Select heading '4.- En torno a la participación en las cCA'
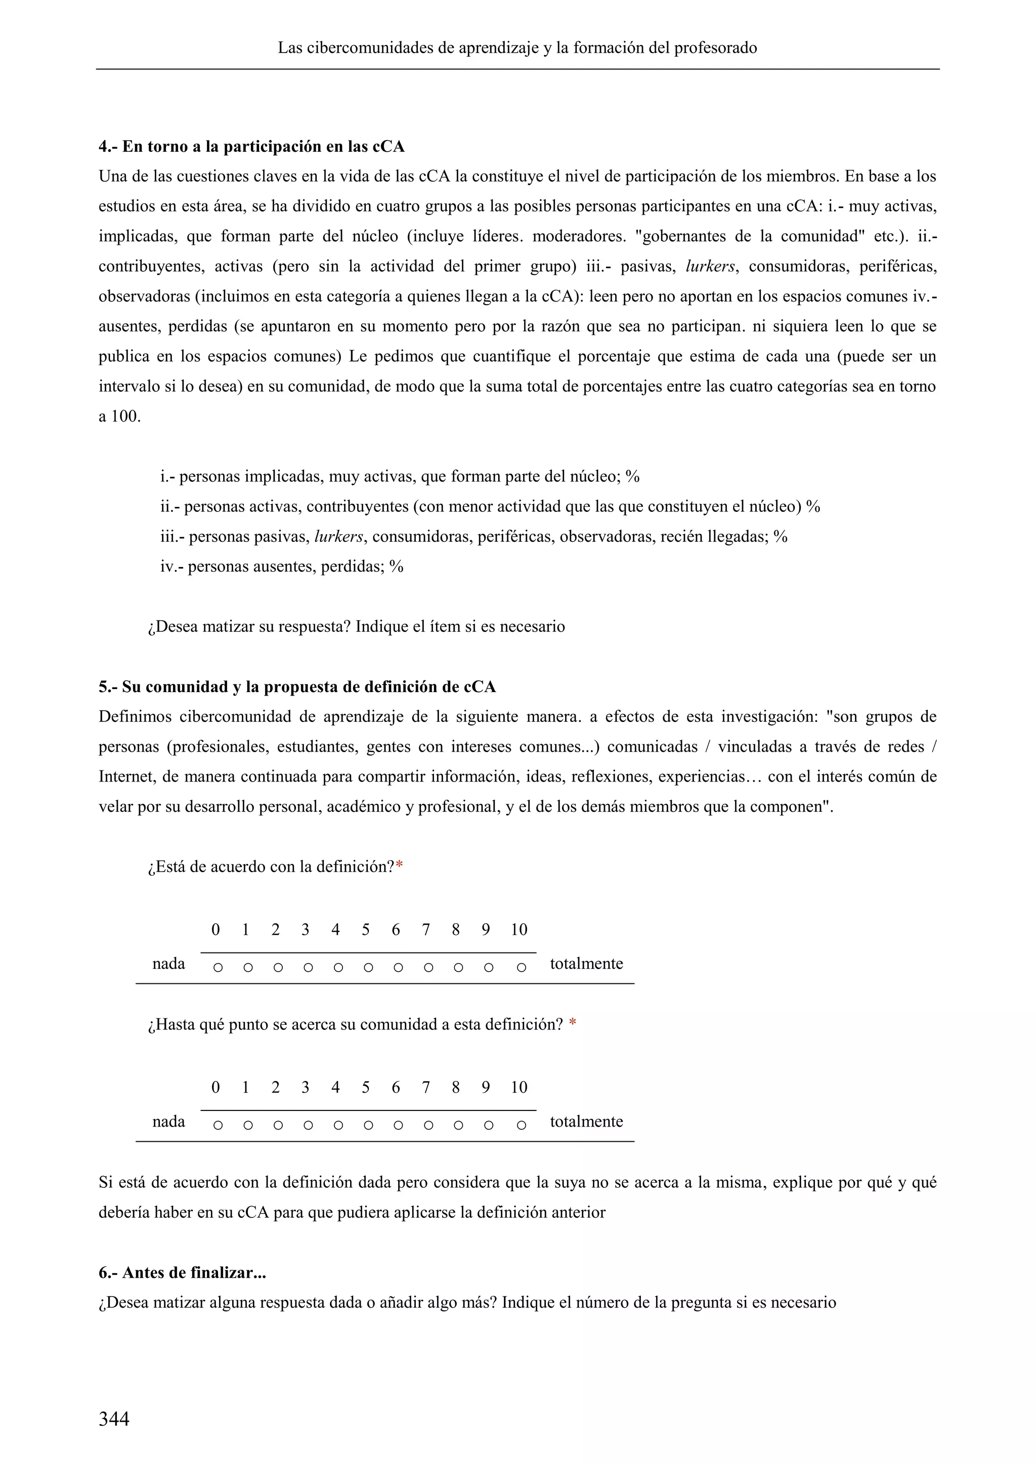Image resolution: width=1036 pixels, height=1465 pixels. coord(251,147)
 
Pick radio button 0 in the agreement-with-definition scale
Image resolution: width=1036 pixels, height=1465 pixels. coord(218,968)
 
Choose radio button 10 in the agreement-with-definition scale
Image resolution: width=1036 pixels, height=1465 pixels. coord(521,968)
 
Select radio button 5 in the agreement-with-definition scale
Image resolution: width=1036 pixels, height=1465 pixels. coord(368,968)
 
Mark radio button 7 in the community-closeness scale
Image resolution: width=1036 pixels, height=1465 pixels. coord(428,1126)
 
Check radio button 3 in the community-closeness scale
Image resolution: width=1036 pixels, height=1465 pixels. coord(308,1126)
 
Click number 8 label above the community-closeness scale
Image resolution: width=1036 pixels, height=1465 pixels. coord(455,1087)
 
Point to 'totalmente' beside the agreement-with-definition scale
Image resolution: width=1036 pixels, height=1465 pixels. coord(586,964)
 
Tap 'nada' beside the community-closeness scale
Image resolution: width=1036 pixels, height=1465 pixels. coord(168,1121)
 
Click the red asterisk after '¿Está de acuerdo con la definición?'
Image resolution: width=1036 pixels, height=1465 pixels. coord(399,867)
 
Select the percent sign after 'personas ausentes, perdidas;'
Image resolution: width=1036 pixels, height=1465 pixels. coord(396,566)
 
